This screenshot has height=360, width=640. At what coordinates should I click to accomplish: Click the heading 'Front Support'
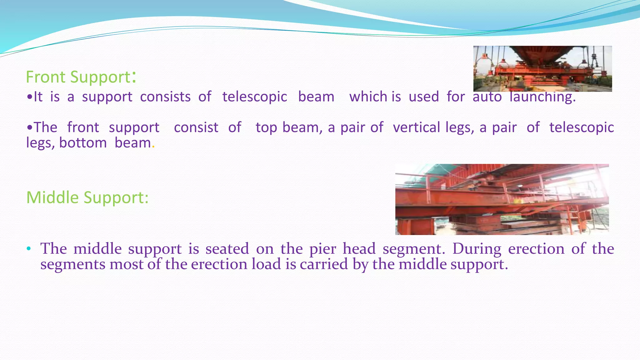[x=78, y=77]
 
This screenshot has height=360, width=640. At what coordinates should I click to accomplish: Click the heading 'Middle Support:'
[x=87, y=197]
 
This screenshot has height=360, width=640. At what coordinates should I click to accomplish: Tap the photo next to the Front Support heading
[x=542, y=68]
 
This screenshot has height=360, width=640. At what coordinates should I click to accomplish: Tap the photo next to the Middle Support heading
[x=502, y=199]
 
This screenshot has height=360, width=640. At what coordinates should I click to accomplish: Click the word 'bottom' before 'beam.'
[x=83, y=143]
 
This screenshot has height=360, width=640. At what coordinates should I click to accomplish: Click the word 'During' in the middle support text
[x=477, y=249]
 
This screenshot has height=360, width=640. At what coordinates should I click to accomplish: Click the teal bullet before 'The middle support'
[x=29, y=249]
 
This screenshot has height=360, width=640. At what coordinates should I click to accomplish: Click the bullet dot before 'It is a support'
[x=29, y=97]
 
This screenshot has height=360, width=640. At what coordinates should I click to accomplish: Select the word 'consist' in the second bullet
[x=196, y=127]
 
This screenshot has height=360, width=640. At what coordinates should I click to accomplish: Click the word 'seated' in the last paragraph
[x=227, y=249]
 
